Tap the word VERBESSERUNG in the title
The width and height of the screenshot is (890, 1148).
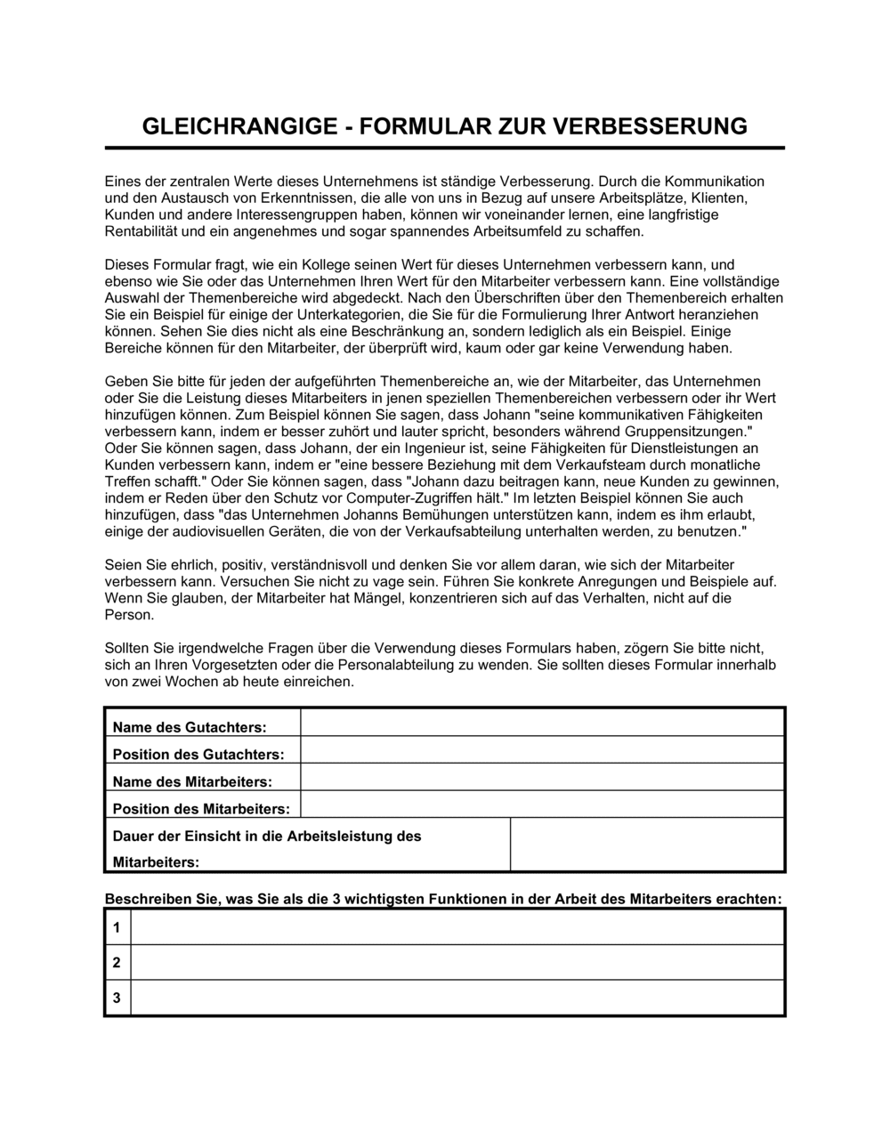(x=651, y=125)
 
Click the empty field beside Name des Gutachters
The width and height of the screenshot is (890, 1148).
(x=542, y=723)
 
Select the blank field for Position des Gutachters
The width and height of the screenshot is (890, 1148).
(x=542, y=750)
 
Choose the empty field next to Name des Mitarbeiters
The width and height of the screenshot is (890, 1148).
(x=542, y=778)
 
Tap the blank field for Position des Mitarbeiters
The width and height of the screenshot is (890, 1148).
(x=542, y=804)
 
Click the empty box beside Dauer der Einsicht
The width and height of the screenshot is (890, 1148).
(x=647, y=845)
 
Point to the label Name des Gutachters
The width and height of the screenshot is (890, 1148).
(x=190, y=727)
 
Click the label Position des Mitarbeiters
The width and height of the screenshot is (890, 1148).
(x=201, y=809)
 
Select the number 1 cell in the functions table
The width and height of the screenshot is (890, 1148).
(x=117, y=928)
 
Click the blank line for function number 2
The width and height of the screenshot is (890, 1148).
(x=457, y=962)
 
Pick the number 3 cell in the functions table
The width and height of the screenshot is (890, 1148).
(x=117, y=998)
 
